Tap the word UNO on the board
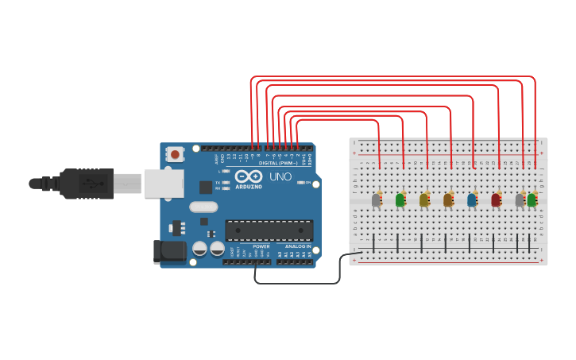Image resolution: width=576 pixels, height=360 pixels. (280, 176)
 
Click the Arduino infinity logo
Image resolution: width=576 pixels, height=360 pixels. (248, 176)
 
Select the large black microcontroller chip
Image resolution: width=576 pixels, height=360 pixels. (269, 230)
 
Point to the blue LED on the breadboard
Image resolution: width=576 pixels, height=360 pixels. (472, 199)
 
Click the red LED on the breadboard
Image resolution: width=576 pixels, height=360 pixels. (496, 199)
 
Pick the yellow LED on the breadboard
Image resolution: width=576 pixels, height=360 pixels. (424, 199)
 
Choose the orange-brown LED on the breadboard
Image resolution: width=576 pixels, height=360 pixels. (448, 199)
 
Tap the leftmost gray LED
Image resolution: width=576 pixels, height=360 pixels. (377, 199)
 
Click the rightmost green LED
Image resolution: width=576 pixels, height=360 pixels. (532, 199)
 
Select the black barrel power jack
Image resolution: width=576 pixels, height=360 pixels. (169, 253)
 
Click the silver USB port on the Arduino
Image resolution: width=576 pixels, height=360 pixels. (164, 184)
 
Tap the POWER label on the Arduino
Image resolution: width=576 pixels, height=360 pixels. (261, 246)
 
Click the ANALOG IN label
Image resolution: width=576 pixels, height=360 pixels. (298, 246)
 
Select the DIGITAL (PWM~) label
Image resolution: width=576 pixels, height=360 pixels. (273, 162)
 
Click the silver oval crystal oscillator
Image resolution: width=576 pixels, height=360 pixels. (203, 207)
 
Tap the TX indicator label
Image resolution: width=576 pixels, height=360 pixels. (218, 181)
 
